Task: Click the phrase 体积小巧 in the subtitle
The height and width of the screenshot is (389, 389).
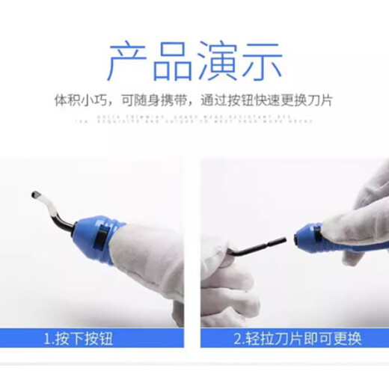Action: click(79, 99)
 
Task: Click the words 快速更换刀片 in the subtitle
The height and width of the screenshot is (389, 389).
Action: click(295, 99)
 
